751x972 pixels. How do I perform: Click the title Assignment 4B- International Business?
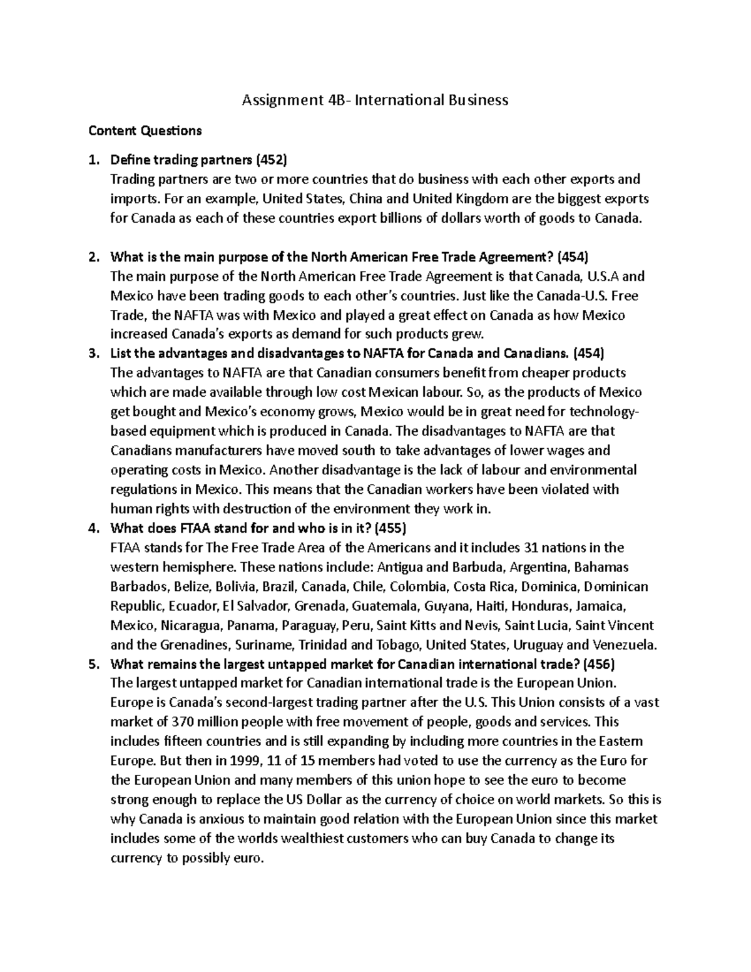(x=375, y=100)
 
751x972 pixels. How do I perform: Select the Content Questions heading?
(x=145, y=131)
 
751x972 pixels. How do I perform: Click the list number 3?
(x=93, y=354)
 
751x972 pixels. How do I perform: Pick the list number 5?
(x=93, y=664)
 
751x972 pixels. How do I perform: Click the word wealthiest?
(x=332, y=838)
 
